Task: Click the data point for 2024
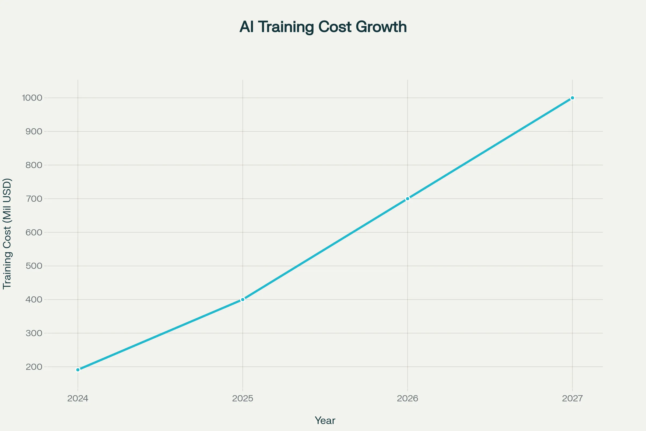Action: (x=78, y=370)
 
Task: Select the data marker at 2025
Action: (x=243, y=299)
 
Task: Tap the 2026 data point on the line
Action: (x=407, y=199)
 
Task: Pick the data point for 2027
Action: (x=573, y=98)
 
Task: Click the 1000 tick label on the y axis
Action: (x=32, y=98)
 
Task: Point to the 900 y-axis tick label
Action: (x=34, y=131)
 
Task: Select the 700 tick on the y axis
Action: (x=34, y=199)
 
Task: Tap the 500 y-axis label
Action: (x=34, y=266)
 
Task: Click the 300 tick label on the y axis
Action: (x=34, y=333)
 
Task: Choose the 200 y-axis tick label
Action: (x=34, y=367)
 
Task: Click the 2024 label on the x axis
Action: (x=78, y=398)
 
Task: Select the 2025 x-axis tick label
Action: (x=243, y=398)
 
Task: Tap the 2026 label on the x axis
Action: (x=407, y=398)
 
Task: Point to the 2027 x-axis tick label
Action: (x=573, y=398)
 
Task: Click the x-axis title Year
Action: (x=325, y=420)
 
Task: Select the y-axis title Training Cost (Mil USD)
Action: (x=7, y=234)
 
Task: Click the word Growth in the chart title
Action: (x=381, y=27)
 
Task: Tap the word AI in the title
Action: (x=246, y=27)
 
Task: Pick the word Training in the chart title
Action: (x=286, y=27)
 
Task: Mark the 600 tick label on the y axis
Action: (x=34, y=232)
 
